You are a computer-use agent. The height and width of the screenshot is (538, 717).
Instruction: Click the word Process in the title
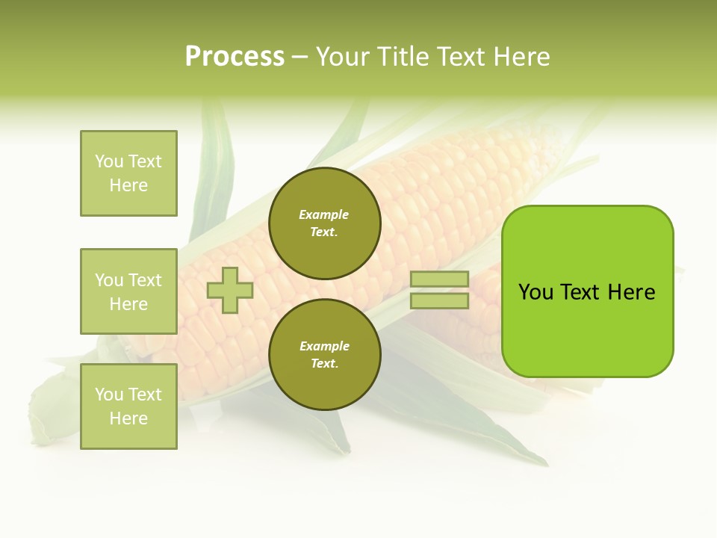pyautogui.click(x=235, y=57)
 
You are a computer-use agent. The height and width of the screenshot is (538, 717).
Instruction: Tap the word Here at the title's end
pyautogui.click(x=520, y=57)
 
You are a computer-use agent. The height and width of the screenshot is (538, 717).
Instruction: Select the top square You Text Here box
pyautogui.click(x=128, y=173)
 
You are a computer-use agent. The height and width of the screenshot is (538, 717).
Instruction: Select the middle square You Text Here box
pyautogui.click(x=128, y=291)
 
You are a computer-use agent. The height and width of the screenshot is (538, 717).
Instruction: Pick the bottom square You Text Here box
pyautogui.click(x=128, y=406)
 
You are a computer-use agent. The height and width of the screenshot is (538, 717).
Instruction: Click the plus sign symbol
pyautogui.click(x=230, y=290)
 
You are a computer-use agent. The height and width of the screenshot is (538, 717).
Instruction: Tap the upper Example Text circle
pyautogui.click(x=325, y=223)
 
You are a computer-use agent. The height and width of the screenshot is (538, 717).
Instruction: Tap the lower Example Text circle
pyautogui.click(x=325, y=355)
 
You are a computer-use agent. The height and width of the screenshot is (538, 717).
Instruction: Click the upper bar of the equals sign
pyautogui.click(x=439, y=279)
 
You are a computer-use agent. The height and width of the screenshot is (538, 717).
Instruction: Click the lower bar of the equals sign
pyautogui.click(x=439, y=301)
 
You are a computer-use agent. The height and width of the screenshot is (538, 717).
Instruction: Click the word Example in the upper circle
pyautogui.click(x=323, y=214)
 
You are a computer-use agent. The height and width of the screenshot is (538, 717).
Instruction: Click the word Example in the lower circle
pyautogui.click(x=324, y=346)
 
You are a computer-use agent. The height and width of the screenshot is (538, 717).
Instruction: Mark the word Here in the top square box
pyautogui.click(x=128, y=185)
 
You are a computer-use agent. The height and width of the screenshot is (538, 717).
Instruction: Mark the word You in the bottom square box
pyautogui.click(x=109, y=395)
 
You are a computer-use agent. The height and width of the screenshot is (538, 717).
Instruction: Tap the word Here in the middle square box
pyautogui.click(x=128, y=304)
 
